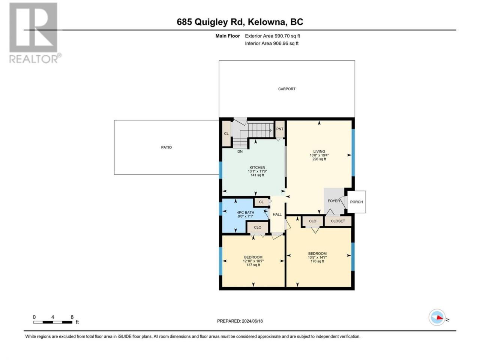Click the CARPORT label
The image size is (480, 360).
click(x=286, y=89)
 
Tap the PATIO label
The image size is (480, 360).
click(x=166, y=147)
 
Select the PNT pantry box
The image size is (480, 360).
click(x=280, y=129)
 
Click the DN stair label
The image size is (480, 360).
click(x=240, y=151)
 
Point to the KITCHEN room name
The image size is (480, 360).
click(x=257, y=167)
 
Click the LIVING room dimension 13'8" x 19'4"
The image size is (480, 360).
click(x=319, y=155)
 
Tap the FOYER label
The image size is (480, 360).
click(x=334, y=201)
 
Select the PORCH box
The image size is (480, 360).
click(x=357, y=202)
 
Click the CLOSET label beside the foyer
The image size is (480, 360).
click(x=337, y=221)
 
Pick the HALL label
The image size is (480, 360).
click(x=277, y=214)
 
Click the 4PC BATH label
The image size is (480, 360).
click(x=245, y=213)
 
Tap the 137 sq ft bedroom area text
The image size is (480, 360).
click(x=253, y=265)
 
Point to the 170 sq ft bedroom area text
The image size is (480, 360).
click(x=317, y=261)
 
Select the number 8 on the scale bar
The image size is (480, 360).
click(x=72, y=317)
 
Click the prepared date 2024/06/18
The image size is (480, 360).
click(x=252, y=321)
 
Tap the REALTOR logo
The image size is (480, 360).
click(x=35, y=33)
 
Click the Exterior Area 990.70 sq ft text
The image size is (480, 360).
click(x=273, y=36)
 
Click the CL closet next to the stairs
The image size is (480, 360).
click(x=226, y=133)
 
